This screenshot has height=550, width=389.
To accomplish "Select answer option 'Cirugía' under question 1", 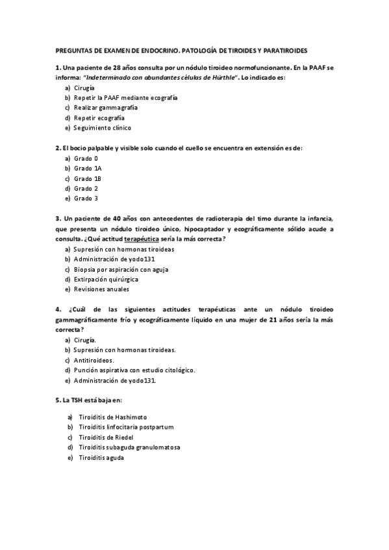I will point(84,87).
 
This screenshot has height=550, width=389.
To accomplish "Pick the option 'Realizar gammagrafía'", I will point(105,108).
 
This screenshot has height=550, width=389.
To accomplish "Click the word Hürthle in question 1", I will point(220,77).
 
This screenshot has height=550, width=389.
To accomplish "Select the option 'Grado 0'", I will point(86,158).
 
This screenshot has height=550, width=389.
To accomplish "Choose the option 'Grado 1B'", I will point(88,178).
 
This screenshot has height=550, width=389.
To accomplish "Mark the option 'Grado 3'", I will point(86,198).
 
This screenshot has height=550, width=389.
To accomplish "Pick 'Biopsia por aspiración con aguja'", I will point(121,269).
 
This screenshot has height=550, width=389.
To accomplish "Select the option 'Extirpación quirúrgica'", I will point(107,279).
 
